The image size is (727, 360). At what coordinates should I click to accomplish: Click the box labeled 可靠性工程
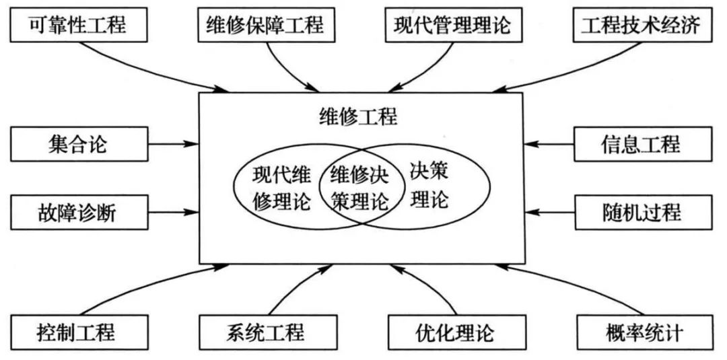(79, 26)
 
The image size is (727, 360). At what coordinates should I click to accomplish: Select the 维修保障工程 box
(264, 26)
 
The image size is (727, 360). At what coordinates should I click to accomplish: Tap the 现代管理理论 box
(453, 26)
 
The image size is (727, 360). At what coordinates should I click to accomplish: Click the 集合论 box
(79, 143)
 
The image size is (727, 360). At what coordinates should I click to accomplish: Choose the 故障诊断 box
(79, 212)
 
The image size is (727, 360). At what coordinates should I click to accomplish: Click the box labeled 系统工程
(264, 331)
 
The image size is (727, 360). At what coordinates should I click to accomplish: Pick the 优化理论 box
(453, 331)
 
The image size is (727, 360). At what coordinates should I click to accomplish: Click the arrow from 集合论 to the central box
(174, 143)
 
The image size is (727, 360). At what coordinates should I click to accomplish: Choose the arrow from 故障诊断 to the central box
(174, 212)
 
